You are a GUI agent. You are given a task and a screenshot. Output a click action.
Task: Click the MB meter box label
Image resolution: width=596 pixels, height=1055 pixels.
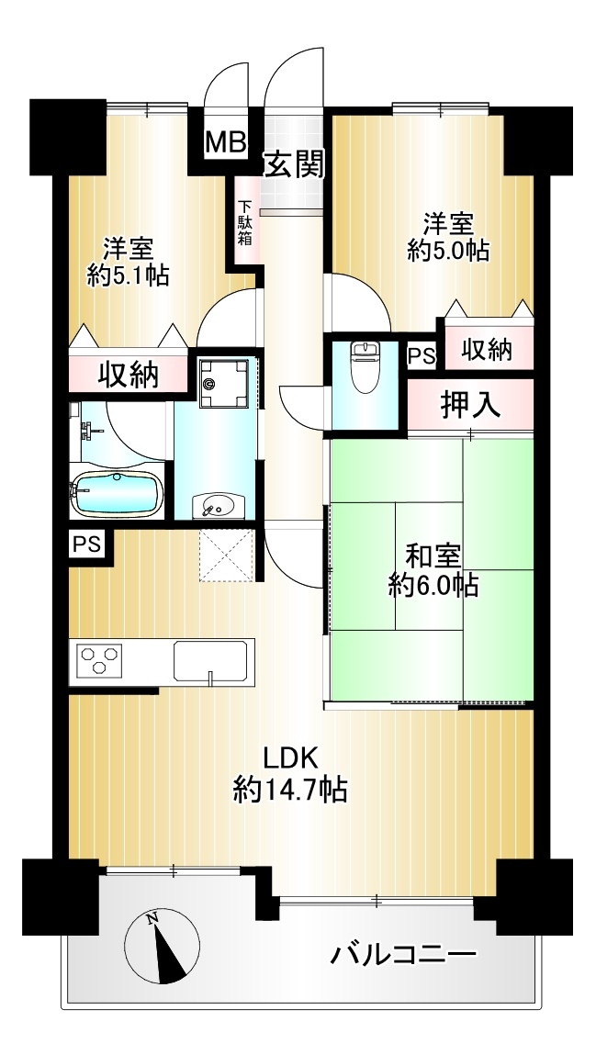coord(226,142)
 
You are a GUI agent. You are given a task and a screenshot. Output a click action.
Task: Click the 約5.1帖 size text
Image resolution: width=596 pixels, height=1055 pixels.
coord(128,275)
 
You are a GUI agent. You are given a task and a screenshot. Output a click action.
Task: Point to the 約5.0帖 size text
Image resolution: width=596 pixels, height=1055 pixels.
coord(448,251)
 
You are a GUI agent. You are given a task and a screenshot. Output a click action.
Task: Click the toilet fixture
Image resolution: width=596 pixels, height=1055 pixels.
coord(365,366)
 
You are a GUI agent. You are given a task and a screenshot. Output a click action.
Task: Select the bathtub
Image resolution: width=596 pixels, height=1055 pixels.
coord(117,494)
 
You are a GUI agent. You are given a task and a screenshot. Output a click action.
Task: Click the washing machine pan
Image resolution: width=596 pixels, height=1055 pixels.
coord(225,384)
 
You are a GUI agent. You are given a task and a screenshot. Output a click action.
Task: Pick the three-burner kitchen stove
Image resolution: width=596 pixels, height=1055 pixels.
coord(99,658)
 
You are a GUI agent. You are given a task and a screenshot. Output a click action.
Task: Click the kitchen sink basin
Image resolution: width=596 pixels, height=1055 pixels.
coord(210,661)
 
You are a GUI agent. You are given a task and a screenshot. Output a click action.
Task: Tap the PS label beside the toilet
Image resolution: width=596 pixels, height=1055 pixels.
coord(422,356)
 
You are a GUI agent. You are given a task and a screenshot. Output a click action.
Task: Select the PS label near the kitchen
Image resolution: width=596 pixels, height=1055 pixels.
coord(86,544)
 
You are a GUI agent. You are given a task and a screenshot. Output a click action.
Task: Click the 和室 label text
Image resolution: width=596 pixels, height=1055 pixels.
coord(433,557)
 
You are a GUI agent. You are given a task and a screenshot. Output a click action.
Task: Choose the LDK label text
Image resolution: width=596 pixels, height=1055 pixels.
coord(290,758)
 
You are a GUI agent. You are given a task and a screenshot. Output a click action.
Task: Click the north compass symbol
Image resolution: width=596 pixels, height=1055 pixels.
coord(163,946)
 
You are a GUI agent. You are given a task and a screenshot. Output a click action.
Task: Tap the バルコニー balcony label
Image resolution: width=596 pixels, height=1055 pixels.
coord(403,955)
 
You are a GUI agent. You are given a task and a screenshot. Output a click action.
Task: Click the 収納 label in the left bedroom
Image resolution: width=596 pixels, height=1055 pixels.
coord(129,375)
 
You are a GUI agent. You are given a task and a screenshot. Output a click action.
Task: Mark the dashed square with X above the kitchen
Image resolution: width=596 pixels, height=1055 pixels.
coord(227,556)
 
